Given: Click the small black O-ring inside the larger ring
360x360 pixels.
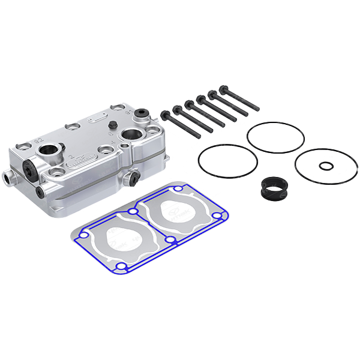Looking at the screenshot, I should pyautogui.click(x=325, y=166).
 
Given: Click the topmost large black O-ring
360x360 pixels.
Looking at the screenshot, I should pyautogui.click(x=275, y=137).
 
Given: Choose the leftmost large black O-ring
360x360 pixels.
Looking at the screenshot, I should pyautogui.click(x=228, y=160).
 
